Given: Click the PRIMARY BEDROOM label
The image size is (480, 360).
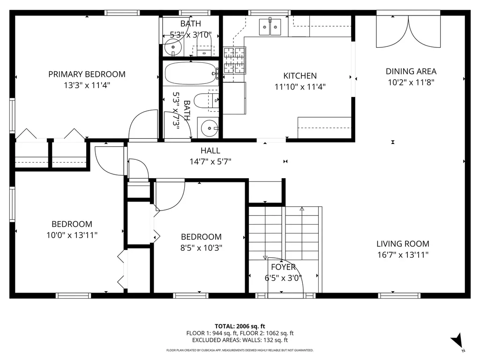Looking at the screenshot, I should (87, 74).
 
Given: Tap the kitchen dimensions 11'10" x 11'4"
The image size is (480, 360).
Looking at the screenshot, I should (300, 87).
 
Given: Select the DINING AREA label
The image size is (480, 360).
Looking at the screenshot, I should (411, 71).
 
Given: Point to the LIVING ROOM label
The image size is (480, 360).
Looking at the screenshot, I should (403, 244).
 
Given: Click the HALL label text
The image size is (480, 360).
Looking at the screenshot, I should (210, 150).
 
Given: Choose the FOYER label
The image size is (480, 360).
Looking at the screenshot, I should (284, 267).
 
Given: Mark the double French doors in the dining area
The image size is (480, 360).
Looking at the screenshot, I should (409, 32).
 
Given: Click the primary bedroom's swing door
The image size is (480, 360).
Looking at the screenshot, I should (143, 125).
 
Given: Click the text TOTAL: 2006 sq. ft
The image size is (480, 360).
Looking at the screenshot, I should (240, 326).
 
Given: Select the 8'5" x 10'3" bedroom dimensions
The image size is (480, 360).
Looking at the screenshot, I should (201, 248).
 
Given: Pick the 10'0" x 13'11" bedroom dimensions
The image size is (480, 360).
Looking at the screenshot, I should (72, 235).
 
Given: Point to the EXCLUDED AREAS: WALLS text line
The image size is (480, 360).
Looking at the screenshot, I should (240, 340).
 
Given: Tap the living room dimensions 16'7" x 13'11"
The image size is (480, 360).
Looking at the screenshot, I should (403, 255).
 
